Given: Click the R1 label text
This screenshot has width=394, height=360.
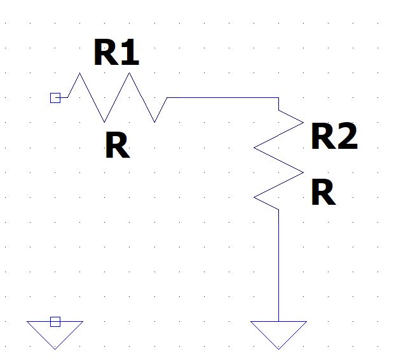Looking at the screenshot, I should click(116, 53).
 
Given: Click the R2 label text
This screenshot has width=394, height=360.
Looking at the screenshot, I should click(334, 136).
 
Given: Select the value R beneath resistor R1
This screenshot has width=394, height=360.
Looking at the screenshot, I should click(116, 146).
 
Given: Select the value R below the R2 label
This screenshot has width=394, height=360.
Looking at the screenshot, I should click(323, 193).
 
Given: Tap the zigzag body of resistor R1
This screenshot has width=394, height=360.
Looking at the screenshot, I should click(117, 97).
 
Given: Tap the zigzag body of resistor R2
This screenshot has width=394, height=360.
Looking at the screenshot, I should click(279, 159).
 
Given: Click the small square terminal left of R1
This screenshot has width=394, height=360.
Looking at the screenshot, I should click(55, 97).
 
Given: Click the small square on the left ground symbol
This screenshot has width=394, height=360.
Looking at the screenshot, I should click(55, 322).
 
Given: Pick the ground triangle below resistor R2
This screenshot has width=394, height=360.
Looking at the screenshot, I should click(278, 332).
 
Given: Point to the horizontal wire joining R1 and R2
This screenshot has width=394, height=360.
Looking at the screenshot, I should click(222, 98).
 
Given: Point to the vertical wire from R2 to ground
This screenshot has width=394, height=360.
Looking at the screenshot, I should click(279, 267).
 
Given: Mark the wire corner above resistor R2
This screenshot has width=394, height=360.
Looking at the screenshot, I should click(278, 98).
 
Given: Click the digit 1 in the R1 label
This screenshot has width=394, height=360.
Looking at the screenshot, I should click(130, 53).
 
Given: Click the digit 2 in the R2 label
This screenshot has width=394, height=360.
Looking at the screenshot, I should click(347, 136).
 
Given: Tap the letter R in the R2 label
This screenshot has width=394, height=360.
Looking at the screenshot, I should click(322, 136).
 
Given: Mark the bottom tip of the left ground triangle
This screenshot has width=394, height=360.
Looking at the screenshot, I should click(55, 349).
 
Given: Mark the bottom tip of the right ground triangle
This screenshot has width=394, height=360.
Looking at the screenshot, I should click(278, 349).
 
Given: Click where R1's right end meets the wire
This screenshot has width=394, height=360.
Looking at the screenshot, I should click(167, 98).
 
